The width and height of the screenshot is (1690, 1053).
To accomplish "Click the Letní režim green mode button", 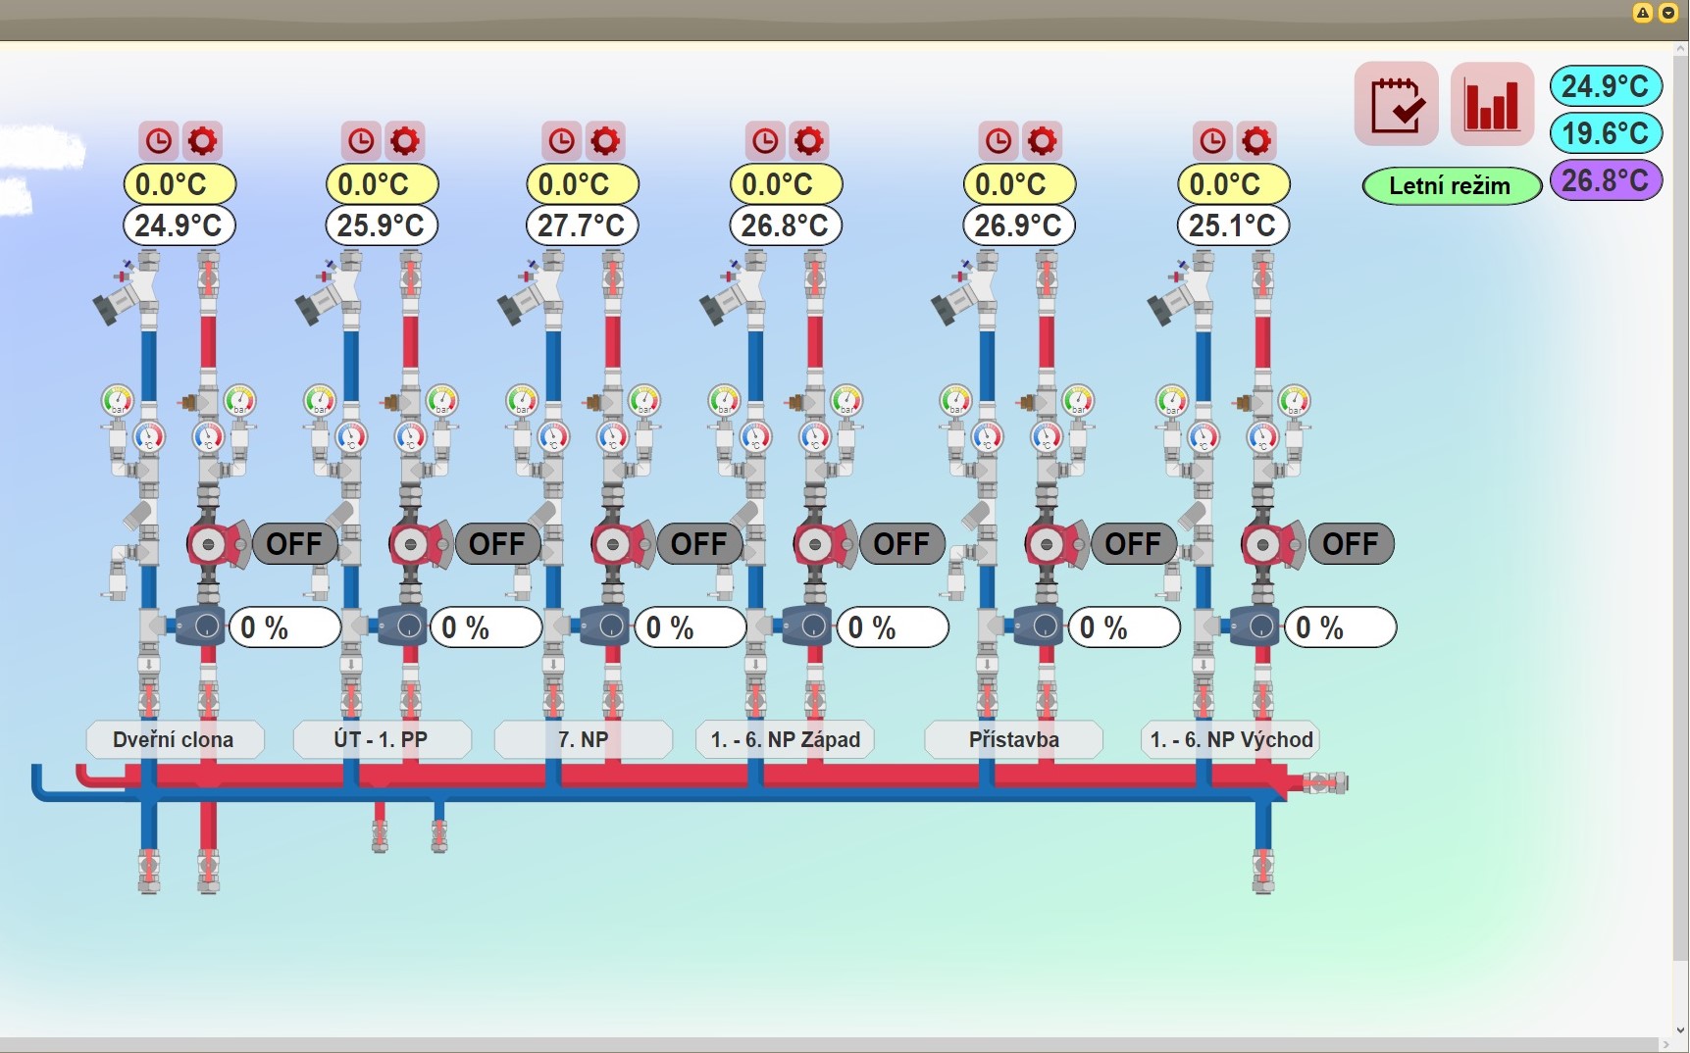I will tap(1451, 185).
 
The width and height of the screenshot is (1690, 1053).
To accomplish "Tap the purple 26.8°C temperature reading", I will tap(1606, 180).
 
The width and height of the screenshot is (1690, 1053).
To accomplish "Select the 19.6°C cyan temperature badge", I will tap(1606, 132).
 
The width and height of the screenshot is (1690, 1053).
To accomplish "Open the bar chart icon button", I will tap(1492, 104).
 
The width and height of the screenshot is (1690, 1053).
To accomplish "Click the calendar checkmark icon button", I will tap(1397, 104).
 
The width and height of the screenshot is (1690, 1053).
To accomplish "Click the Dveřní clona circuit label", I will tap(175, 739).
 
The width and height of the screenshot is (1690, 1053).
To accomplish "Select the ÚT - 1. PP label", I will tap(382, 739).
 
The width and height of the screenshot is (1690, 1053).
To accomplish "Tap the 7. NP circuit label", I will tap(584, 739).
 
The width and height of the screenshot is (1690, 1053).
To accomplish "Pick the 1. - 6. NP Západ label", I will tap(785, 739).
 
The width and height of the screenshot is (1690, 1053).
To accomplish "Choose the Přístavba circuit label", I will tap(1014, 739).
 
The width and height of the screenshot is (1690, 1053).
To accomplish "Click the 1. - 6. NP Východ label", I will tap(1231, 739).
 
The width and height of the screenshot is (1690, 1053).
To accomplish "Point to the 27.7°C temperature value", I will tap(582, 226).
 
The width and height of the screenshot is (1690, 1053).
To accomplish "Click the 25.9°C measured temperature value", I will tap(381, 226).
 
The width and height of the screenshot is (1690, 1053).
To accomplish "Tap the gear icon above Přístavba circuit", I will tap(1042, 141).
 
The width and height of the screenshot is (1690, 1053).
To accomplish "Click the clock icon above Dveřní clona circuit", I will tap(159, 141).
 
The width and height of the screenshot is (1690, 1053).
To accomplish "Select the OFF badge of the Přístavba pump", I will tap(1133, 544).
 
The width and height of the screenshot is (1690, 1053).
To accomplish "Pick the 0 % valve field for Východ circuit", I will tap(1339, 627).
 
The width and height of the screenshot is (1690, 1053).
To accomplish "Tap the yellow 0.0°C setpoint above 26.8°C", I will tap(785, 183).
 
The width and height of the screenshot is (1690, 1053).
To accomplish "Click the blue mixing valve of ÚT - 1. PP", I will tap(404, 627).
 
